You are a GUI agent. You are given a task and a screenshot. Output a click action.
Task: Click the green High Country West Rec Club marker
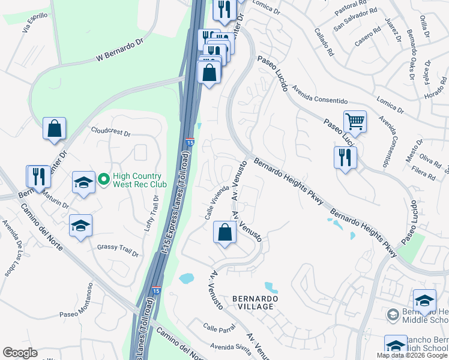pos(103,178)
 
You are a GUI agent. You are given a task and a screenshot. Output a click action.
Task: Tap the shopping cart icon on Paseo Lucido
pos(355,122)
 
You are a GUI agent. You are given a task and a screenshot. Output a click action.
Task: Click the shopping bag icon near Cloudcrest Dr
pos(54,128)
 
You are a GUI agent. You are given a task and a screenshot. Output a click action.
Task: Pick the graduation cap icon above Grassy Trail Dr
pos(80,226)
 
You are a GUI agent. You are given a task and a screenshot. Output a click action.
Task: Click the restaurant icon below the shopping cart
pos(345,158)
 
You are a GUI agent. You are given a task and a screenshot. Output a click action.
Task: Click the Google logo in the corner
pos(20,353)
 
